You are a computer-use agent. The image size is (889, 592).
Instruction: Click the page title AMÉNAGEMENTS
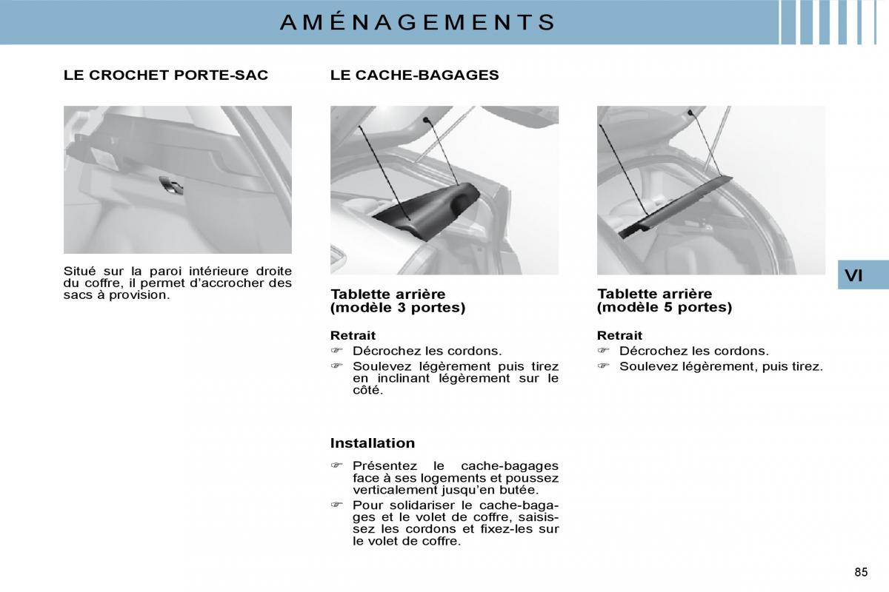coord(418,21)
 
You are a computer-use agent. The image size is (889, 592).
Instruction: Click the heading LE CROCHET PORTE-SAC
coord(166,75)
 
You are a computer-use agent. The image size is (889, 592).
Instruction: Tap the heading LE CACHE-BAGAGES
coord(414,75)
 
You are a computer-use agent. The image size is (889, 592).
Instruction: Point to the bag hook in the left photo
coord(171,185)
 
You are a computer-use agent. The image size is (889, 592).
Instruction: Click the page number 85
coord(861,572)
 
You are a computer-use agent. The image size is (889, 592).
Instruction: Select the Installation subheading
coord(373,443)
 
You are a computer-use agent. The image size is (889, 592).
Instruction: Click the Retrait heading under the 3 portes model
coord(353,335)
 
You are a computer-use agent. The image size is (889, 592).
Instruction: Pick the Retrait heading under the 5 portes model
coord(619,335)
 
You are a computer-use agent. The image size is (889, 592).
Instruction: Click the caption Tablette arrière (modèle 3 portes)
coord(398,300)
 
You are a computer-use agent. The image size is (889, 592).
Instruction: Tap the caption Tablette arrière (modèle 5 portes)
coord(665,300)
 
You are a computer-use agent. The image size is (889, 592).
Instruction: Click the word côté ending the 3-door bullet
coord(367,390)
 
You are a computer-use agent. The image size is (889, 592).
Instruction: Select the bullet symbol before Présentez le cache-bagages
coord(336,465)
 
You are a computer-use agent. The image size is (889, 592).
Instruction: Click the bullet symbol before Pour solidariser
coord(336,505)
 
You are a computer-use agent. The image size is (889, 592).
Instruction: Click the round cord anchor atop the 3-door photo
coord(426,120)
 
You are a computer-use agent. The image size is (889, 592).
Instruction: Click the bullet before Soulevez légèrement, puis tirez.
coord(603,366)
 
